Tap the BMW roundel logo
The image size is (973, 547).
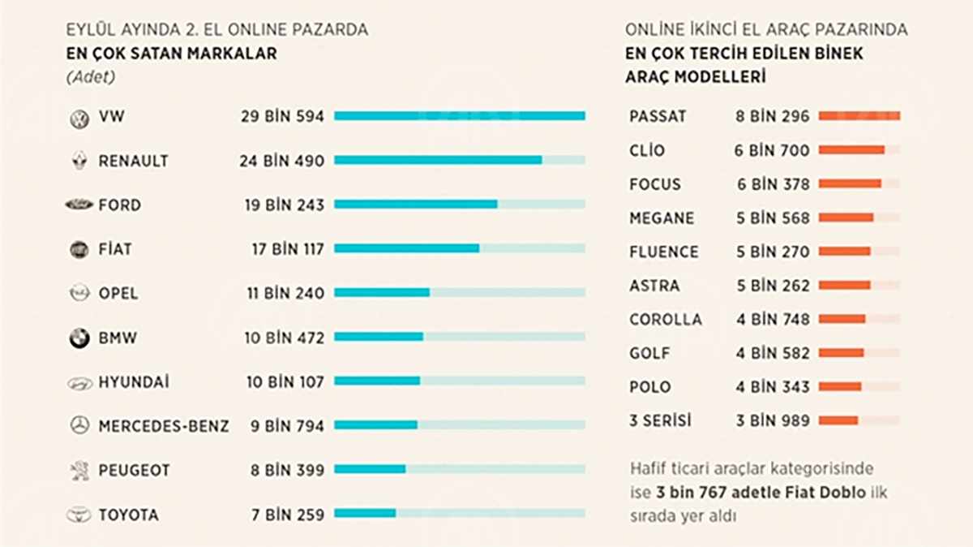pyautogui.click(x=79, y=338)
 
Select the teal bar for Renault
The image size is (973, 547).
pyautogui.click(x=438, y=161)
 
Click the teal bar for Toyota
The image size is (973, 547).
pyautogui.click(x=365, y=513)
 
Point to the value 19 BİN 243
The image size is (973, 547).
pyautogui.click(x=284, y=205)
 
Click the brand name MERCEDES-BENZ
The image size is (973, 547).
pyautogui.click(x=164, y=426)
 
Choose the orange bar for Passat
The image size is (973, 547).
pyautogui.click(x=859, y=116)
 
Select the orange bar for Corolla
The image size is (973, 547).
pyautogui.click(x=842, y=319)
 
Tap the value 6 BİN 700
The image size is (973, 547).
pyautogui.click(x=773, y=150)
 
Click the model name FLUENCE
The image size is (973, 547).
pyautogui.click(x=663, y=252)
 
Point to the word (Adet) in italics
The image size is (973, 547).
pyautogui.click(x=90, y=78)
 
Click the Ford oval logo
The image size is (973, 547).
pyautogui.click(x=79, y=205)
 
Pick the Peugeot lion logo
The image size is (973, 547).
pyautogui.click(x=79, y=470)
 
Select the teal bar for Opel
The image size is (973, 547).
pyautogui.click(x=382, y=292)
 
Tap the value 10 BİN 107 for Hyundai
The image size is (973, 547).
pyautogui.click(x=285, y=381)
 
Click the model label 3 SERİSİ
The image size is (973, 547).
pyautogui.click(x=660, y=420)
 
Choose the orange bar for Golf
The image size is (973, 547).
pyautogui.click(x=841, y=352)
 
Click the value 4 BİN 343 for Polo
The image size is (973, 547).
pyautogui.click(x=773, y=387)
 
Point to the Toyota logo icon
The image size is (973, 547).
pyautogui.click(x=79, y=515)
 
